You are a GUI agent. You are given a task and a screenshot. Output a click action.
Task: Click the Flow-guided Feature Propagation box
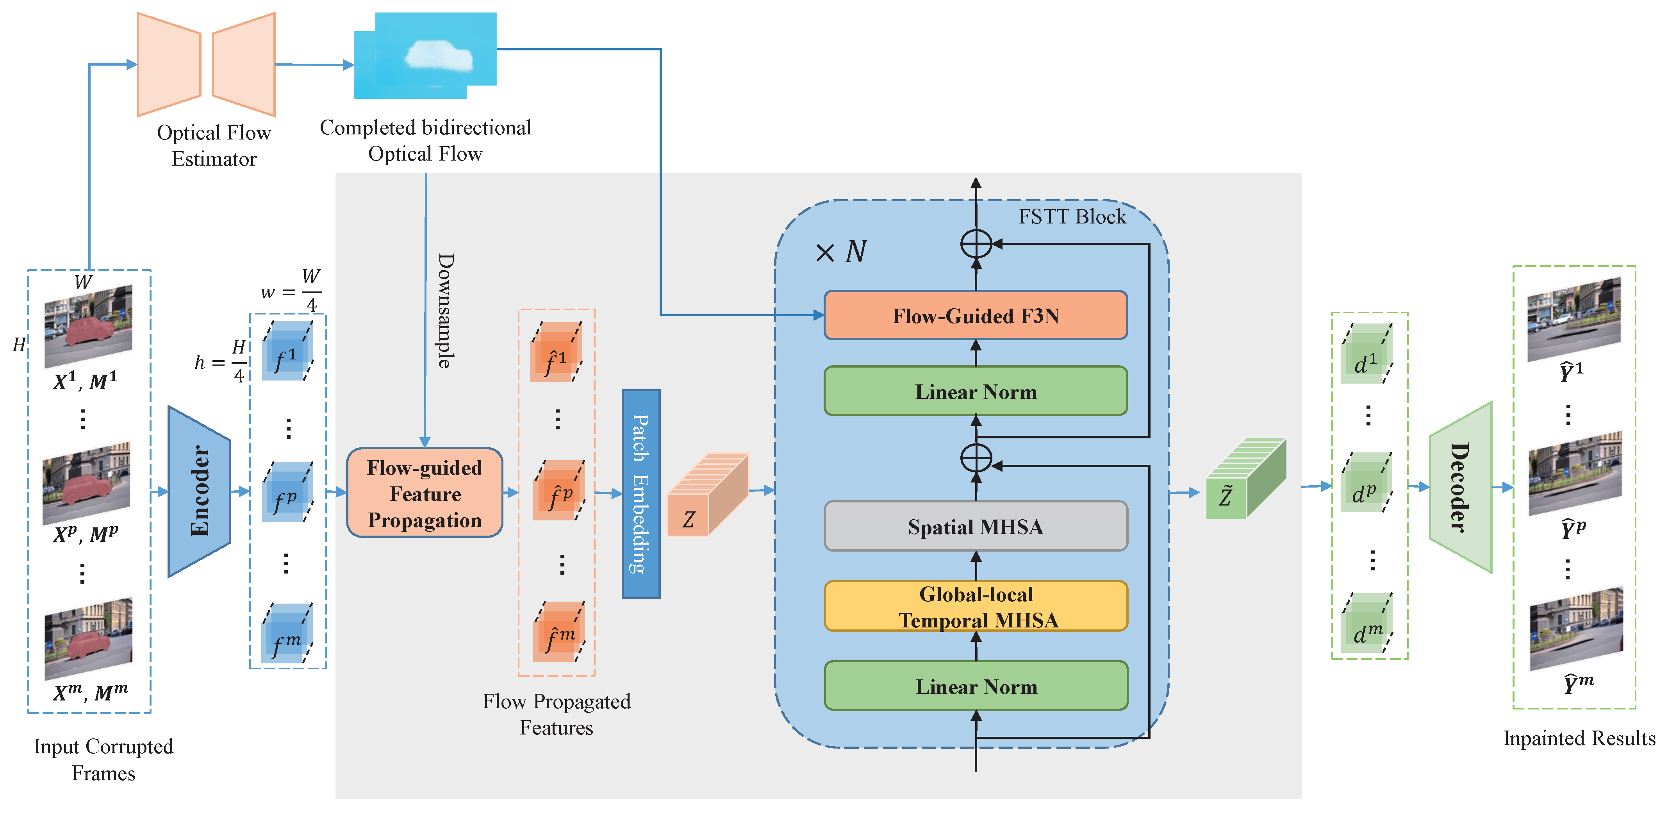coord(425,493)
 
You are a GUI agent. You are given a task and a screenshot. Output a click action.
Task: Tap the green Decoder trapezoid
coord(1461,487)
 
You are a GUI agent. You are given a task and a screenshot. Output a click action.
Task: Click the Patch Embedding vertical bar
coord(640,494)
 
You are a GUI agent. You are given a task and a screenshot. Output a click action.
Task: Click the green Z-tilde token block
coord(1245,479)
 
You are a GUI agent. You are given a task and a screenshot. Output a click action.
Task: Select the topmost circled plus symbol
coord(976,244)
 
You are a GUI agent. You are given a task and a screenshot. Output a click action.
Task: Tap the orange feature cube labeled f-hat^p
coord(559,490)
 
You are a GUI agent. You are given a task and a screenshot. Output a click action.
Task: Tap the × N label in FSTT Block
coord(840,251)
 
